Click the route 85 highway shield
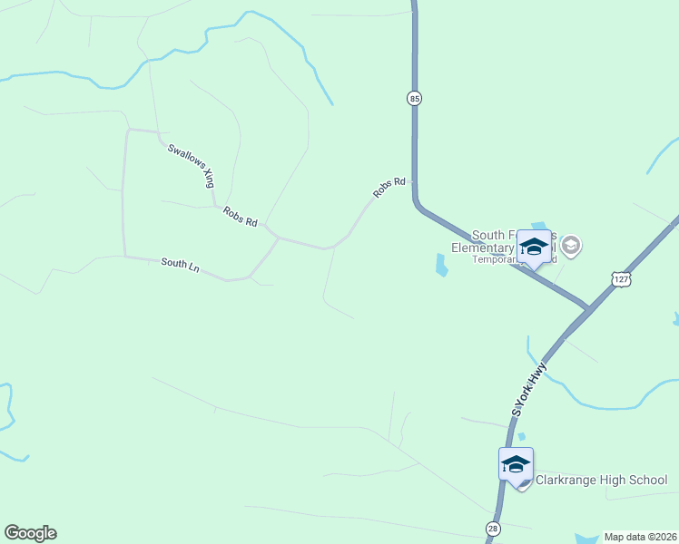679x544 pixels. click(x=414, y=98)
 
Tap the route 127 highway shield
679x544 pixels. click(x=620, y=279)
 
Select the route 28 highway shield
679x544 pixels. click(x=491, y=529)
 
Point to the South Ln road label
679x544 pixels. click(x=180, y=264)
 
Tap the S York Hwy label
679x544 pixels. click(x=529, y=389)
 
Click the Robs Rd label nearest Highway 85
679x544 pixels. click(x=389, y=188)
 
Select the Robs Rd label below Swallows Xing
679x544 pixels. click(x=240, y=217)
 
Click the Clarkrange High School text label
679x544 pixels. click(x=601, y=481)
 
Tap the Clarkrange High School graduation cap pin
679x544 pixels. click(x=516, y=465)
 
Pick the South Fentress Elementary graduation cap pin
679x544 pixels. click(x=534, y=247)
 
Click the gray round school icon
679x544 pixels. click(x=571, y=245)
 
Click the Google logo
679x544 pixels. click(x=30, y=533)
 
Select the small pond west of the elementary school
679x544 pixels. click(x=441, y=265)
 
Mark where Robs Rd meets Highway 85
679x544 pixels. click(x=414, y=181)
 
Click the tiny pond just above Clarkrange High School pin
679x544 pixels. click(x=521, y=437)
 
